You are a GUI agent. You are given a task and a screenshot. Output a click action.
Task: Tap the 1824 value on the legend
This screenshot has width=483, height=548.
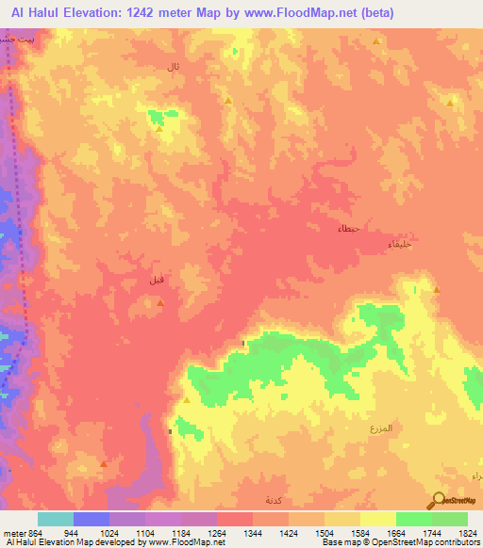click(x=467, y=532)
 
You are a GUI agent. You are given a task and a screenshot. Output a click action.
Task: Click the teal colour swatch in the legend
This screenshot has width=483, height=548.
click(x=56, y=519)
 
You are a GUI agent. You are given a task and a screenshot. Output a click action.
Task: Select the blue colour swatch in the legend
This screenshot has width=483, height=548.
click(x=92, y=519)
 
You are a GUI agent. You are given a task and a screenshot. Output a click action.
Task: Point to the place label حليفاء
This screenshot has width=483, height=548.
click(x=399, y=245)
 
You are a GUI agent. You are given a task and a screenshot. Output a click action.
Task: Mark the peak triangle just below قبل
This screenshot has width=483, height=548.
click(x=160, y=302)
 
